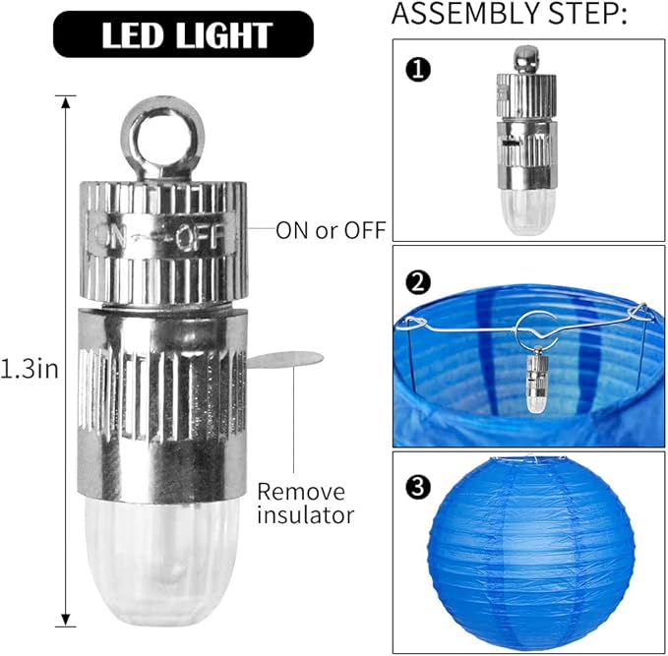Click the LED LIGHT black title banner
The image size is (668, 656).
point(183,34)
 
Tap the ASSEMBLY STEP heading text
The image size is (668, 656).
point(510,13)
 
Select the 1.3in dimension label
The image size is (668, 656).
point(29,369)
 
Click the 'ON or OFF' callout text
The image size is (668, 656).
point(331,230)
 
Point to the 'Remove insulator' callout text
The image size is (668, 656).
point(305,504)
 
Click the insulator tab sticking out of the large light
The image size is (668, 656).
point(285,359)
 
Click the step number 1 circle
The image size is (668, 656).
point(418,70)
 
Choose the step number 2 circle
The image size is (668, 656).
point(418,282)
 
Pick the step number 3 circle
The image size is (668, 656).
point(418,486)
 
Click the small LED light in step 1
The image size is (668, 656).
point(527,141)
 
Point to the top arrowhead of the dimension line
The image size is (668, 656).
point(65,102)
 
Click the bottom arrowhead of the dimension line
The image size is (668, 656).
point(65,620)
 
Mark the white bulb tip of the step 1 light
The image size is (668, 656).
point(527,211)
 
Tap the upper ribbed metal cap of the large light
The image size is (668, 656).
point(163,242)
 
